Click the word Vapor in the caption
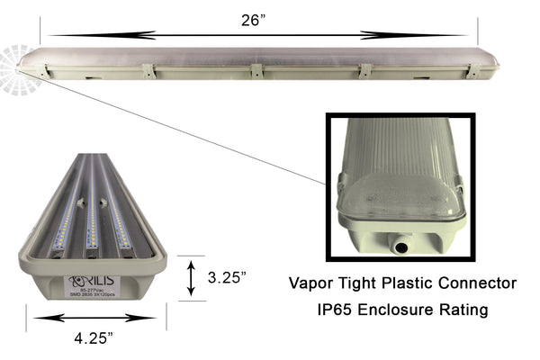tap(310, 283)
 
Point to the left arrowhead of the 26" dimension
tap(56, 36)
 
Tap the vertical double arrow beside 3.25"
tap(190, 278)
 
